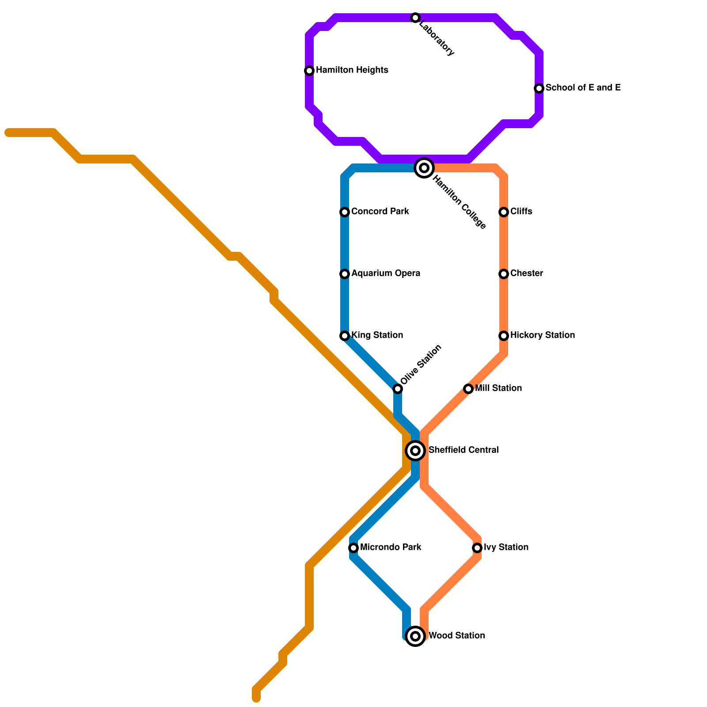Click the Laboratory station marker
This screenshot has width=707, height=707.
pyautogui.click(x=415, y=18)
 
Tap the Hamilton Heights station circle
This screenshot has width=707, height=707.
pyautogui.click(x=309, y=71)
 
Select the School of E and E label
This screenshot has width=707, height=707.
pyautogui.click(x=583, y=87)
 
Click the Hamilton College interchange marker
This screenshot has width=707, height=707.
pyautogui.click(x=424, y=168)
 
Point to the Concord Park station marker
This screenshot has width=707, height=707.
pyautogui.click(x=345, y=212)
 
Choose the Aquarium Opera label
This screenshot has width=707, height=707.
pyautogui.click(x=385, y=274)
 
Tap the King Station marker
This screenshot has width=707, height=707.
pyautogui.click(x=345, y=336)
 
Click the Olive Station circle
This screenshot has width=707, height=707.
pyautogui.click(x=398, y=389)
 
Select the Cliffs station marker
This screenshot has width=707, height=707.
pyautogui.click(x=504, y=212)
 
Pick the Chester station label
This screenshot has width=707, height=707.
pyautogui.click(x=526, y=274)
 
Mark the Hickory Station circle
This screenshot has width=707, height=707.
pyautogui.click(x=504, y=336)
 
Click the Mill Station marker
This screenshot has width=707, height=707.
pyautogui.click(x=468, y=389)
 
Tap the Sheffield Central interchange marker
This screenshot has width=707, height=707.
pyautogui.click(x=415, y=451)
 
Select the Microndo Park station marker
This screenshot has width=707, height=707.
pyautogui.click(x=353, y=548)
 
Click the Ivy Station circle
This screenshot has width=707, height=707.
pyautogui.click(x=477, y=548)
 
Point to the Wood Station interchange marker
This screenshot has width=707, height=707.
pyautogui.click(x=415, y=636)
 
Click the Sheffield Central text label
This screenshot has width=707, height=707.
pyautogui.click(x=463, y=450)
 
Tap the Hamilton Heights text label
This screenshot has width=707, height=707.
pyautogui.click(x=352, y=70)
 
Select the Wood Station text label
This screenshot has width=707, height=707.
pyautogui.click(x=456, y=636)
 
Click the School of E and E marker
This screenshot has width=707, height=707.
pyautogui.click(x=539, y=88)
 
